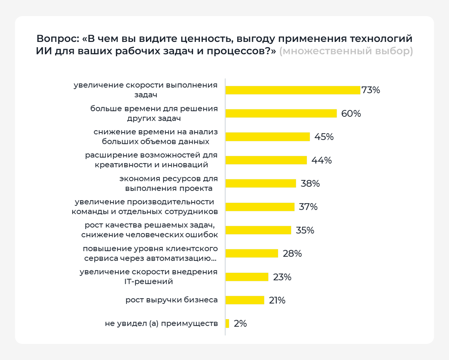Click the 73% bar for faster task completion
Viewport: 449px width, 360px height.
tap(293, 90)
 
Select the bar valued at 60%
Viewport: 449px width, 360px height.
tap(281, 113)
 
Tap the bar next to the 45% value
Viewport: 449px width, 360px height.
tap(268, 137)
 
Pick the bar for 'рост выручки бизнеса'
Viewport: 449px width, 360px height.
tap(245, 300)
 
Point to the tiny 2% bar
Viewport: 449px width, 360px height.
tap(227, 323)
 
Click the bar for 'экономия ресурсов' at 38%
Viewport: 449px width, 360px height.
tap(261, 183)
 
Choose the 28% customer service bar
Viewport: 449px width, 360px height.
tap(252, 253)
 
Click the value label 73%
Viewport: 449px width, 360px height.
tap(371, 90)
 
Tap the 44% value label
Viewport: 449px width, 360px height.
tap(322, 160)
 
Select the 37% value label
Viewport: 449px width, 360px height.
tap(308, 207)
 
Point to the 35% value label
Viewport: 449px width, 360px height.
tap(305, 230)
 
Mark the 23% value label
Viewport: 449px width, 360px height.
tap(282, 277)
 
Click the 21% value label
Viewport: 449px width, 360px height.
tap(277, 300)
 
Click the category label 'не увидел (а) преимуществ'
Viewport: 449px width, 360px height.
tap(161, 323)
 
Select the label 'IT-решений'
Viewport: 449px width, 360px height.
tap(149, 282)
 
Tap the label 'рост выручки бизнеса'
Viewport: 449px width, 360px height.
tap(172, 300)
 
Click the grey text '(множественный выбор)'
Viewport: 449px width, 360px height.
tap(346, 51)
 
